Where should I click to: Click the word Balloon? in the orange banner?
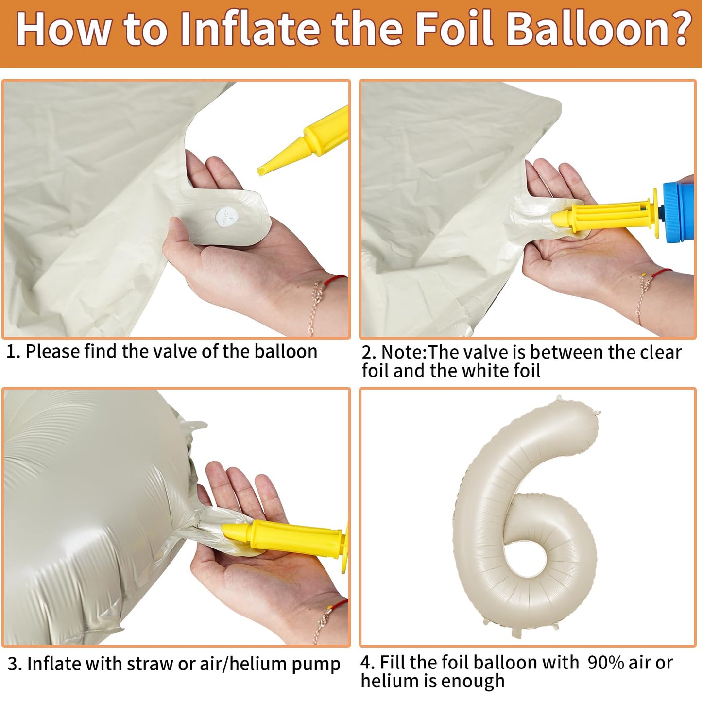coord(599,29)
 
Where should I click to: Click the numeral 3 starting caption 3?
coord(12,664)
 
